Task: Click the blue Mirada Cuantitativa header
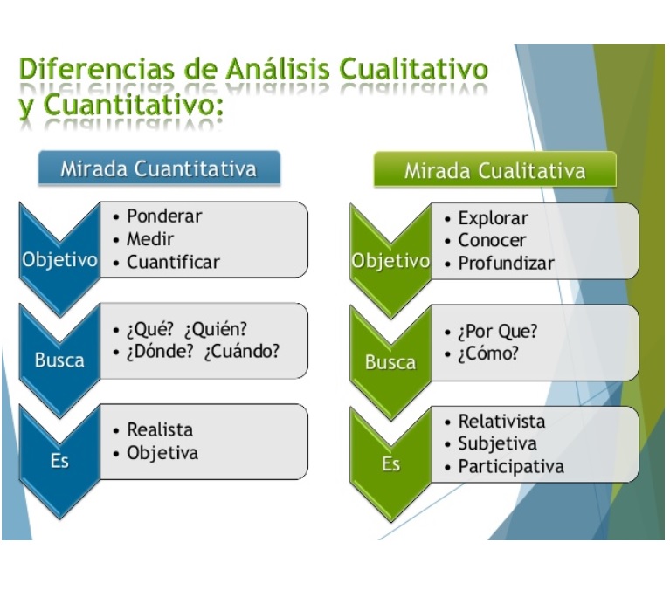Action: click(x=158, y=168)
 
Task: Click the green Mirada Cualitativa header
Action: click(x=494, y=170)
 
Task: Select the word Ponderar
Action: click(x=164, y=216)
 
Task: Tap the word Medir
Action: click(x=150, y=239)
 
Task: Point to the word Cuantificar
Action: click(x=173, y=262)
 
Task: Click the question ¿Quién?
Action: click(x=216, y=330)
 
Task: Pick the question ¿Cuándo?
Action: click(x=243, y=352)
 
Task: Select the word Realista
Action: click(x=160, y=429)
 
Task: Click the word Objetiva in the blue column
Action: click(x=162, y=452)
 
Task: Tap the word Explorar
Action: click(x=493, y=218)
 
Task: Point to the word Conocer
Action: click(x=492, y=240)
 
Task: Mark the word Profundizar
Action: click(x=506, y=263)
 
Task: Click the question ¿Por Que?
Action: click(x=497, y=332)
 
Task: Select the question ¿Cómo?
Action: click(x=487, y=353)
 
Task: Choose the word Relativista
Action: click(x=501, y=422)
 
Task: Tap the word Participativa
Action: click(x=511, y=466)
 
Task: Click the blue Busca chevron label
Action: click(x=59, y=360)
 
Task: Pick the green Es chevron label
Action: click(x=390, y=463)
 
